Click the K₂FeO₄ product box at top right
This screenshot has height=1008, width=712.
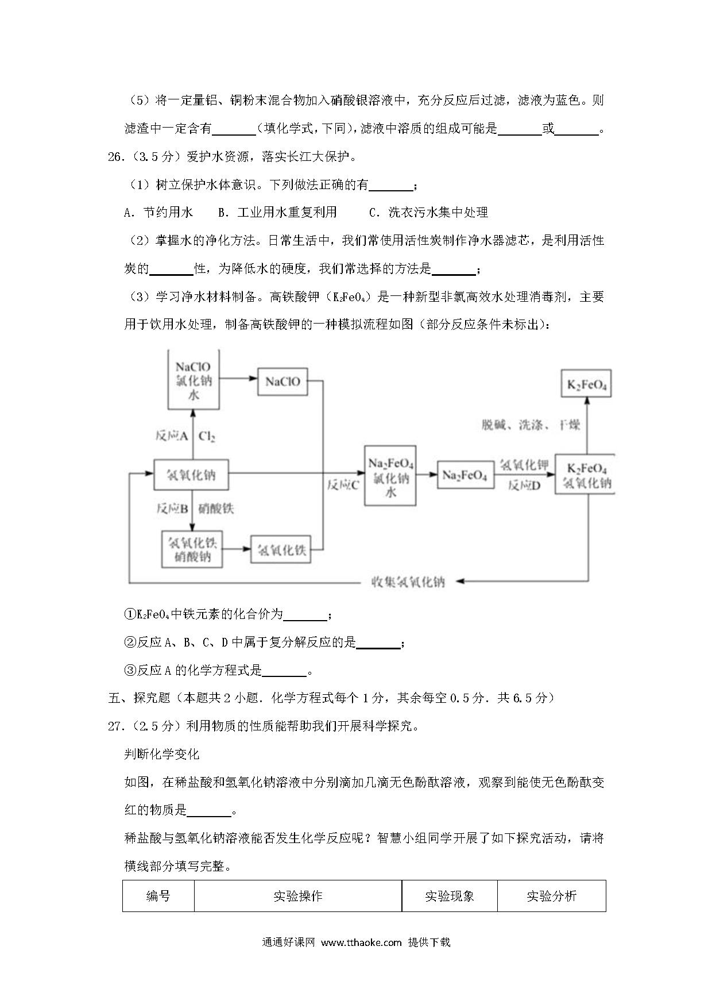tap(586, 383)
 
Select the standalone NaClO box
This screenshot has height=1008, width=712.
tap(283, 382)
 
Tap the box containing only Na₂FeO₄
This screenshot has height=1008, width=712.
tap(465, 475)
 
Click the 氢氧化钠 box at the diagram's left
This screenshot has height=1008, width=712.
tap(191, 475)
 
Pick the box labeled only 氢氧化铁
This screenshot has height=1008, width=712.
tap(281, 550)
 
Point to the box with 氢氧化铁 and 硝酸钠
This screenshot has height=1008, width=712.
tap(192, 549)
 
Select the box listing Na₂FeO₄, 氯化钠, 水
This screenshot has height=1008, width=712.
tap(390, 476)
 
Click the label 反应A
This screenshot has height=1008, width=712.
tap(172, 436)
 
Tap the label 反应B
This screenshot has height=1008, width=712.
tap(172, 509)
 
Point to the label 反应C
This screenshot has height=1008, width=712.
tap(343, 485)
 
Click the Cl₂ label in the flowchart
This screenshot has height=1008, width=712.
tap(207, 436)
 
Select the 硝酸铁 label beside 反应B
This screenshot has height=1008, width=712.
tap(216, 509)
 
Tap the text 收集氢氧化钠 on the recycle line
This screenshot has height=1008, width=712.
tap(408, 582)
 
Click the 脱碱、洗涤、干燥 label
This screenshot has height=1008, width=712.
tap(531, 425)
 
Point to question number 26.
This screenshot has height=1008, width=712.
tap(115, 157)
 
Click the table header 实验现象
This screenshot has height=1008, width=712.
tap(450, 896)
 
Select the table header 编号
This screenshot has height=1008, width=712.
tap(158, 896)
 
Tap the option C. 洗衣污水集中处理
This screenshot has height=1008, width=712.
tap(428, 212)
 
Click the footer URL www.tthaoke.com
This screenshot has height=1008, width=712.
tap(361, 942)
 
